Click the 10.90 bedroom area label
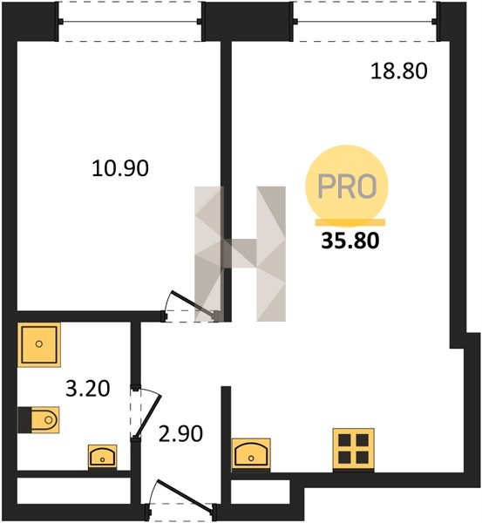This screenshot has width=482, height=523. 120,168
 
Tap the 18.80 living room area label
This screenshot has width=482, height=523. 399,71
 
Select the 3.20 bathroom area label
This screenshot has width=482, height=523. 88,389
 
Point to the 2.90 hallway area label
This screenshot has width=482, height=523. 180,434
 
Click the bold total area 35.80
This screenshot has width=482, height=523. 350,241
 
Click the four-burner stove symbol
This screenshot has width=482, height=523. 354,449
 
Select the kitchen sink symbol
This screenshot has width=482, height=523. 251,454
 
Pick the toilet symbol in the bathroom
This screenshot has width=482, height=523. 38,419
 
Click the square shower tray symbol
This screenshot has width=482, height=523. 39,344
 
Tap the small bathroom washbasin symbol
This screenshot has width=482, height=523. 102,457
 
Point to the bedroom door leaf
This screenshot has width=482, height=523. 193,303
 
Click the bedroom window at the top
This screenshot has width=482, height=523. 130,22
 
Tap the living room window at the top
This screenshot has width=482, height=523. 365,22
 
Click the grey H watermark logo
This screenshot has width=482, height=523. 241,254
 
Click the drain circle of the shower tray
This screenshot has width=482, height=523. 39,343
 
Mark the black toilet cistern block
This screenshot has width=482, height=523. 24,419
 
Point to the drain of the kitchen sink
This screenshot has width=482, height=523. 251,458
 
